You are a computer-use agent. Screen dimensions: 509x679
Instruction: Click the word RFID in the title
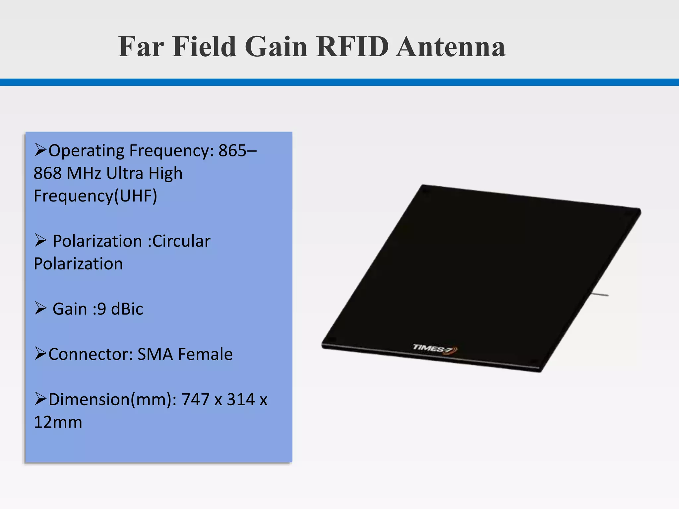(352, 47)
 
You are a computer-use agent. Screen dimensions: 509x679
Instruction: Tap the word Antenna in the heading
(451, 47)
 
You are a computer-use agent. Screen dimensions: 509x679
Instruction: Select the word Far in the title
(141, 47)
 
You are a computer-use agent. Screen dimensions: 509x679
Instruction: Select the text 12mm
(58, 422)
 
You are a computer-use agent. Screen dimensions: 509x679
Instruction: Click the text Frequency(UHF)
(95, 196)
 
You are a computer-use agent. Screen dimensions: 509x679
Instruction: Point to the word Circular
(181, 241)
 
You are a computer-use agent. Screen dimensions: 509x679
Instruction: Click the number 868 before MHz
(47, 173)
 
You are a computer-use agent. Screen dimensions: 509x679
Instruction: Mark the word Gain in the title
(276, 47)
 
